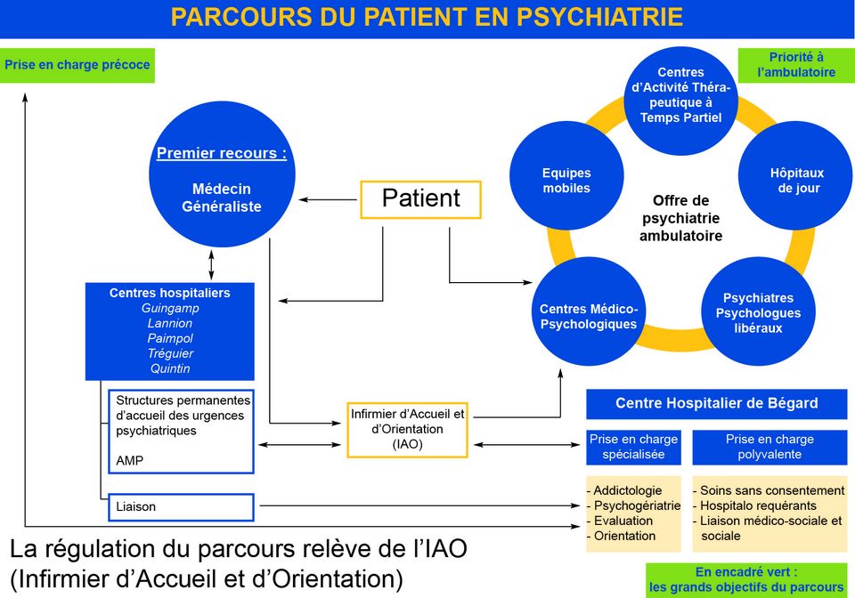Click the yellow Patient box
point(420,198)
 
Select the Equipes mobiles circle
point(566,181)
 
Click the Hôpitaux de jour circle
point(796,181)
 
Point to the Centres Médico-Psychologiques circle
point(589,316)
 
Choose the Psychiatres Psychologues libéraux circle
point(758,312)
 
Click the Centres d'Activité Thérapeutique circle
point(680,95)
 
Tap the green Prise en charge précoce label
point(77,65)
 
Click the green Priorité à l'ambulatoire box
point(796,65)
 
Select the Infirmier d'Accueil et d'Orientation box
point(407,428)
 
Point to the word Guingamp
point(170,308)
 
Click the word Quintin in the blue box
point(170,368)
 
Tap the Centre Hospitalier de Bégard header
point(716,403)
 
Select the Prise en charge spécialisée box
point(633,447)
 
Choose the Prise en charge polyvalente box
point(769,447)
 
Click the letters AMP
point(129,461)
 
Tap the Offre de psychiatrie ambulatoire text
point(680,218)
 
